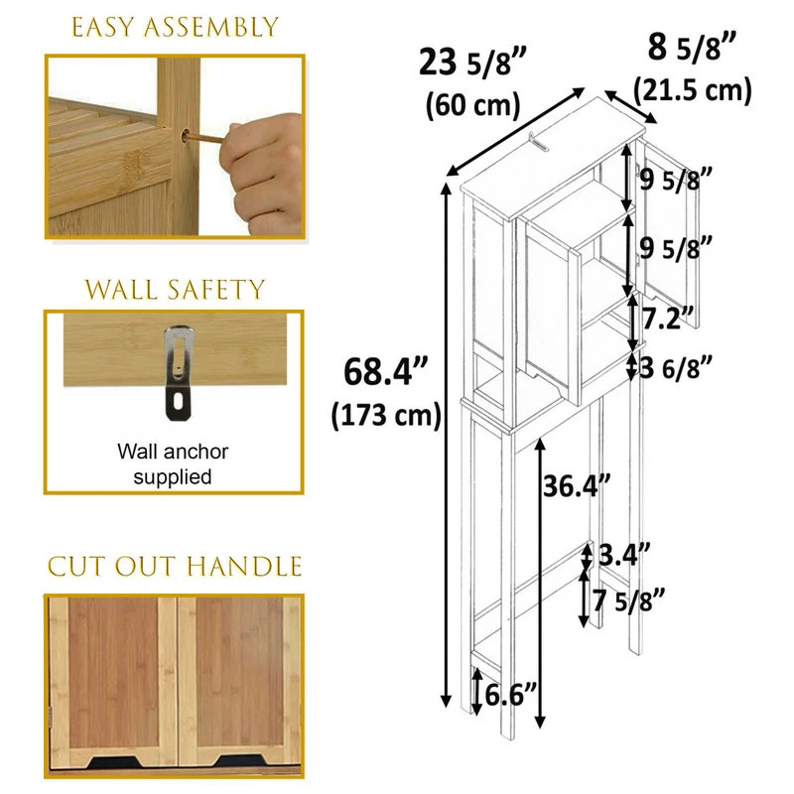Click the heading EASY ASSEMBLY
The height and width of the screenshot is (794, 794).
[x=175, y=28]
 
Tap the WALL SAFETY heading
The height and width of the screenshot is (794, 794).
[x=175, y=290]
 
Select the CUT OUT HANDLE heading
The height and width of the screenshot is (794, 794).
[x=175, y=566]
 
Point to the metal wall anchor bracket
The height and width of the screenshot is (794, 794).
[x=179, y=373]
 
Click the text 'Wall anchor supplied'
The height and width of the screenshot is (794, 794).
[x=173, y=463]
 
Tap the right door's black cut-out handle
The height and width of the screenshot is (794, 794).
[x=242, y=761]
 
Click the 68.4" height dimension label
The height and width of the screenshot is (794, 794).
[x=386, y=371]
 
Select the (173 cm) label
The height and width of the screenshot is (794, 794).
[x=386, y=415]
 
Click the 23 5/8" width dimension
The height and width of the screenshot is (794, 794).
[x=473, y=63]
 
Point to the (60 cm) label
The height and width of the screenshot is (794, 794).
[x=473, y=105]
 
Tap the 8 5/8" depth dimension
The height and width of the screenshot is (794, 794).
[x=691, y=48]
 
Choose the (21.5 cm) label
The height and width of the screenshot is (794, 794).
[x=692, y=91]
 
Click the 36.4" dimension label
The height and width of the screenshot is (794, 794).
[x=577, y=486]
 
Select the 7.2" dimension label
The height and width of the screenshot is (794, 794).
[x=668, y=318]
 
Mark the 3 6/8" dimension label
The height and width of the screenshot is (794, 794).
[x=676, y=367]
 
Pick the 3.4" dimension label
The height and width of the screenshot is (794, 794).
[x=624, y=555]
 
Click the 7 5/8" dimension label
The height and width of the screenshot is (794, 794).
[x=628, y=600]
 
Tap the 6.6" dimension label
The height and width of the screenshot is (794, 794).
[x=510, y=694]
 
